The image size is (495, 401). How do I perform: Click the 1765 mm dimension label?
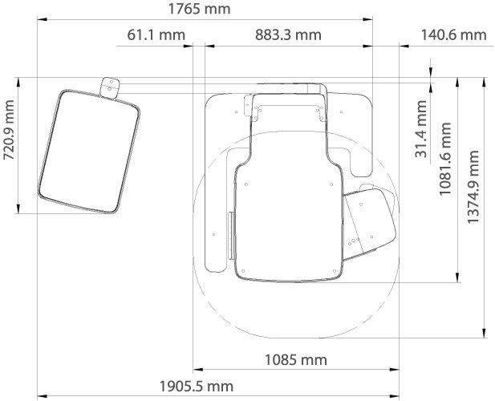(199, 9)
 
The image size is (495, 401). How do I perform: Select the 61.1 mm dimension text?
(156, 34)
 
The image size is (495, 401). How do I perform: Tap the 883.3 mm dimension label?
(288, 34)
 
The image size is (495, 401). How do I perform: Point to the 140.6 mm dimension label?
(453, 34)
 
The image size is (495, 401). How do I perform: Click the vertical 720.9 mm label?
(9, 130)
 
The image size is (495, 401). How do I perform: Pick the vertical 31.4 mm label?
(421, 129)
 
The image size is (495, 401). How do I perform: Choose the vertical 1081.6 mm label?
(445, 159)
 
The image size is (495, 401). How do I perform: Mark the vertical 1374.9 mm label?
(473, 187)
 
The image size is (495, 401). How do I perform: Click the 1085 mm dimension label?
(295, 359)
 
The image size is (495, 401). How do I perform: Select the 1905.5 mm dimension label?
(197, 387)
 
